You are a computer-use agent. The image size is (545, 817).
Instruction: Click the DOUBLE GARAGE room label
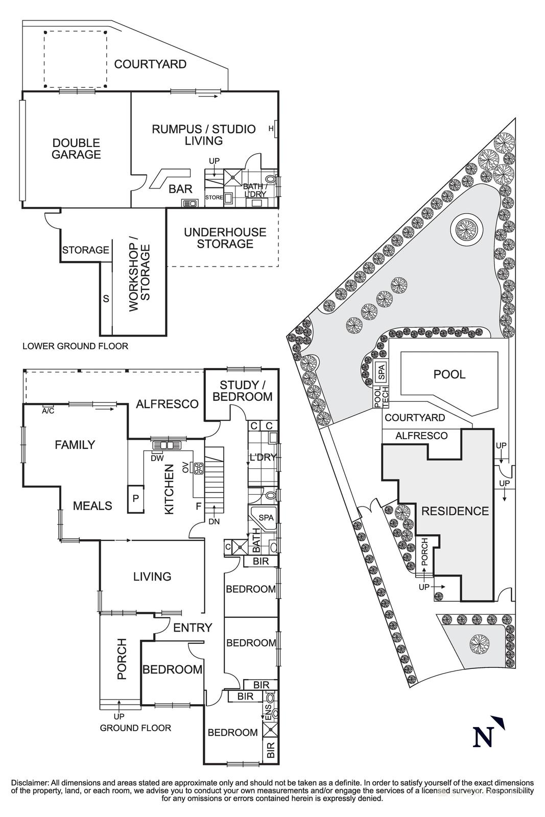pos(76,149)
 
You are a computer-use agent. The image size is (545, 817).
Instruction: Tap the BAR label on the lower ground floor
pos(180,189)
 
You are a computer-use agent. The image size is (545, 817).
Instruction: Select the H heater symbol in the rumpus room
pos(271,129)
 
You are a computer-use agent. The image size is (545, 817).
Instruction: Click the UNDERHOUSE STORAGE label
pos(225,238)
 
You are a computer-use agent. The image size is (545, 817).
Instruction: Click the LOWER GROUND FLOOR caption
pos(75,346)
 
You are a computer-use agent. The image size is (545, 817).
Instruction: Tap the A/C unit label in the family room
pos(48,410)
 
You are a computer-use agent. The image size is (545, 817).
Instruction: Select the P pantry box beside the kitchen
pos(135,497)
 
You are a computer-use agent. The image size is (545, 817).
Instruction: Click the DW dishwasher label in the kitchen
pos(157,458)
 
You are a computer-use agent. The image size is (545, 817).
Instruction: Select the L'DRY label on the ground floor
pos(263,458)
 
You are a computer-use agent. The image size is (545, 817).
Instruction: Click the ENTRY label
pos(193,628)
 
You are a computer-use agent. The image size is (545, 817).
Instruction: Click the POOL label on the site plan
pos(449,374)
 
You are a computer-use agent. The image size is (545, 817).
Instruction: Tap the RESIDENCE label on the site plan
pos(455,511)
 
